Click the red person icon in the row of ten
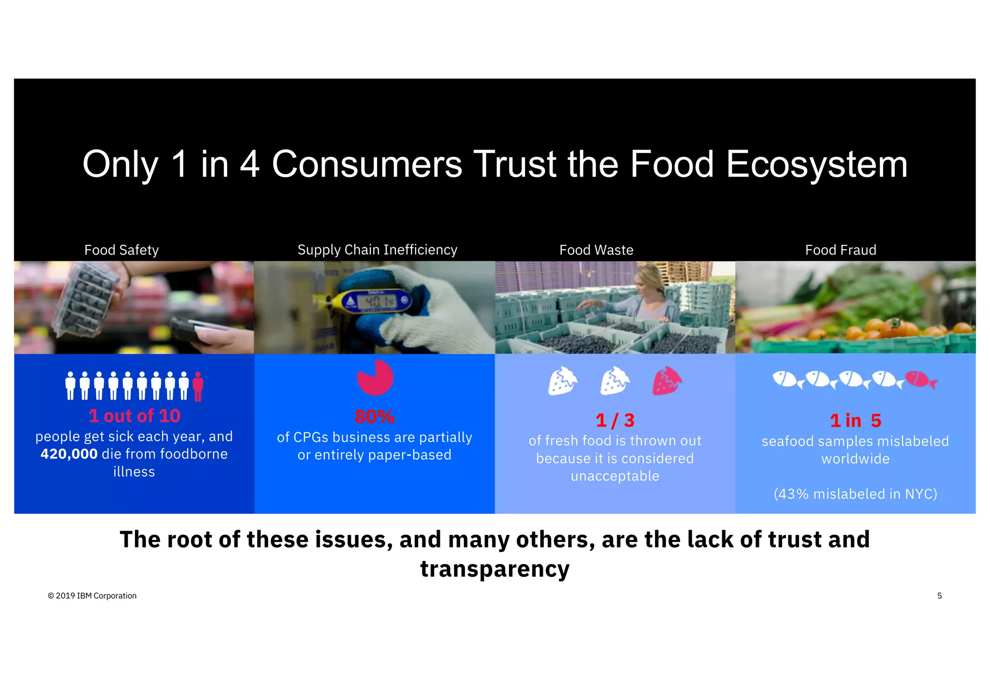click(198, 386)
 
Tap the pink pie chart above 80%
click(375, 378)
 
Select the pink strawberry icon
click(667, 381)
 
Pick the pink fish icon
click(920, 379)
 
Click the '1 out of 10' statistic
click(134, 416)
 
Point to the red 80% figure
click(375, 417)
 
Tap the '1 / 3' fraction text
click(615, 420)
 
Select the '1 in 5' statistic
click(856, 421)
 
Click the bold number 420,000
click(69, 454)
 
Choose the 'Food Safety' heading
click(121, 250)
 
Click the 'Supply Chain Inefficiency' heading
click(377, 250)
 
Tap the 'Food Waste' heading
click(596, 250)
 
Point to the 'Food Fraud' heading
click(841, 250)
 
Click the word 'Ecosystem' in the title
click(817, 164)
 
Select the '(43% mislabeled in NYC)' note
click(855, 494)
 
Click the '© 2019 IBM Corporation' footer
click(92, 596)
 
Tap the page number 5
click(939, 596)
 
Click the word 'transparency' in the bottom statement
click(495, 569)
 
